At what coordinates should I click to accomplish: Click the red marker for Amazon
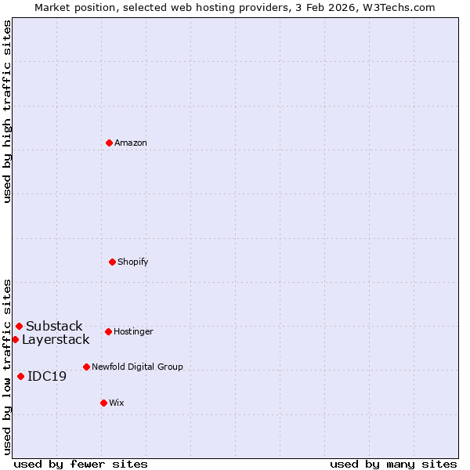click(x=109, y=143)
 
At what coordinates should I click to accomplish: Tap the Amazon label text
click(x=131, y=143)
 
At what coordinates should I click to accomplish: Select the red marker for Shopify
click(x=112, y=262)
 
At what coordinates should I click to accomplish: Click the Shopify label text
click(x=133, y=262)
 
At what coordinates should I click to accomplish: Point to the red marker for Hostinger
click(x=108, y=331)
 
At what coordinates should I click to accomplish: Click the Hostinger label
click(x=133, y=332)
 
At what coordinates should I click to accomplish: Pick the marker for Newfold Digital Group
click(x=86, y=367)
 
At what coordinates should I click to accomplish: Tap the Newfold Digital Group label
click(x=137, y=367)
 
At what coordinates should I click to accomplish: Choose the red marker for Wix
click(x=103, y=403)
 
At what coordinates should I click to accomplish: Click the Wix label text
click(x=117, y=403)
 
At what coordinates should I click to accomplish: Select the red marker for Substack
click(x=19, y=326)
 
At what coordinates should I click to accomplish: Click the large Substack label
click(x=54, y=327)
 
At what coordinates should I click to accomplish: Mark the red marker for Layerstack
click(x=15, y=339)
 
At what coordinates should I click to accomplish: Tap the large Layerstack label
click(x=56, y=340)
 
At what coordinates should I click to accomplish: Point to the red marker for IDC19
click(x=20, y=376)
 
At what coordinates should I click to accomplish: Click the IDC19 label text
click(x=47, y=377)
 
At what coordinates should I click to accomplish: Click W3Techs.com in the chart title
click(x=400, y=8)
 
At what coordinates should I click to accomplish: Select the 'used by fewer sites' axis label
click(x=81, y=465)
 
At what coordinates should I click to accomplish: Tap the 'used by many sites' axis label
click(x=393, y=465)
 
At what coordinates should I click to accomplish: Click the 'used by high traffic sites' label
click(x=8, y=111)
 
